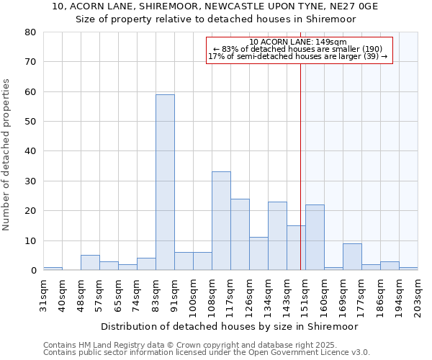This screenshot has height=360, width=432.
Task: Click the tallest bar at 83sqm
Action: [x=165, y=182]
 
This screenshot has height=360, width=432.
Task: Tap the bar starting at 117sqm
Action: [x=240, y=234]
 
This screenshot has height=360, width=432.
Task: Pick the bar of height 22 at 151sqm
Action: [x=315, y=238]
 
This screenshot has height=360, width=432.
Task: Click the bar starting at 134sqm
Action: [x=277, y=236]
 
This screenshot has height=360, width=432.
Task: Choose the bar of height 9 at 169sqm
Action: [x=352, y=257]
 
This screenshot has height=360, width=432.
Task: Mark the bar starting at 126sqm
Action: [x=258, y=253]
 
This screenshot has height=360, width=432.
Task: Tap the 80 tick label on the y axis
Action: [x=30, y=32]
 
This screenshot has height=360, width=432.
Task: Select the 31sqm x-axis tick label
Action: [x=43, y=291]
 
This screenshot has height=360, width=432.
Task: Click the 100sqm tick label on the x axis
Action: [x=193, y=293]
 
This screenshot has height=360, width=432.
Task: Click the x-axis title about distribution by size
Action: [x=229, y=326]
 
